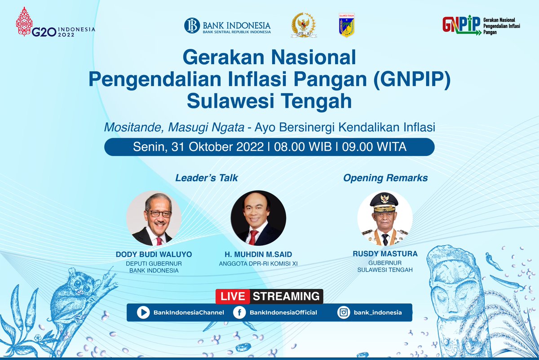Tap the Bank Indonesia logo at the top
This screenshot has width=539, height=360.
227,26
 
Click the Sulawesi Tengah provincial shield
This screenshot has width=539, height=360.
346,25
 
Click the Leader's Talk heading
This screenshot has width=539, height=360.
207,178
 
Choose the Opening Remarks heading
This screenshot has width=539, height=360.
385,178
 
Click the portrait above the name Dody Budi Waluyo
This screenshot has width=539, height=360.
154,218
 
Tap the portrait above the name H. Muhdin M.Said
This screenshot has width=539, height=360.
258,218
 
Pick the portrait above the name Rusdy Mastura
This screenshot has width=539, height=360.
384,218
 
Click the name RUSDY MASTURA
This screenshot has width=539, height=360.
385,254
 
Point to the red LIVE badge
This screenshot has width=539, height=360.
232,297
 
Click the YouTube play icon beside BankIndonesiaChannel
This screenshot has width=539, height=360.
143,312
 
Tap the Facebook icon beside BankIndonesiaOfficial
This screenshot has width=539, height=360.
239,312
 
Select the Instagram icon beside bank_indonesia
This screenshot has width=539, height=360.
344,312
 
